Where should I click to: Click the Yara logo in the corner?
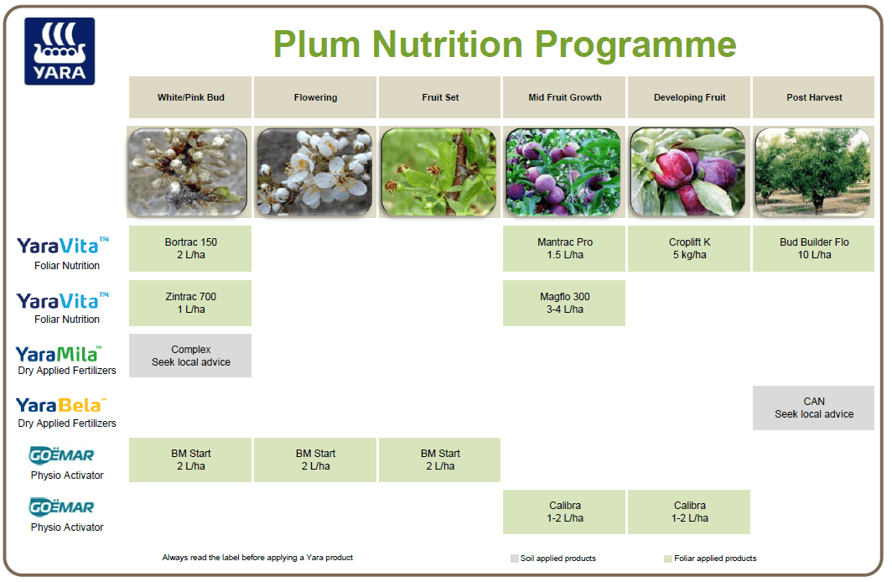60,51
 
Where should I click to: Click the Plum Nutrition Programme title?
505,44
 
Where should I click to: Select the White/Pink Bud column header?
190,97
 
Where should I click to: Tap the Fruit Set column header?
440,97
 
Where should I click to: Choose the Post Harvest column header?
814,97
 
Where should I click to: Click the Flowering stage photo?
315,172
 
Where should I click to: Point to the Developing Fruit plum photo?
689,172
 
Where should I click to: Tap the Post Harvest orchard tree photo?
814,172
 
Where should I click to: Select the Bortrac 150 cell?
190,248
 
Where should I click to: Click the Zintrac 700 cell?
190,303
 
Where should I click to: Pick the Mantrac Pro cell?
564,248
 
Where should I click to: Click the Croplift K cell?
689,248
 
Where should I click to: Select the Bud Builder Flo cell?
814,248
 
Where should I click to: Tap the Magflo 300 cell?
564,303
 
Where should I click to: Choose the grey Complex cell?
190,356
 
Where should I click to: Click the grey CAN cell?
814,408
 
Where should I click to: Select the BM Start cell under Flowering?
315,460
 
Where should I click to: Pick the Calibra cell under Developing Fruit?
689,512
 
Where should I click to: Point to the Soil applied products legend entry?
553,558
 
